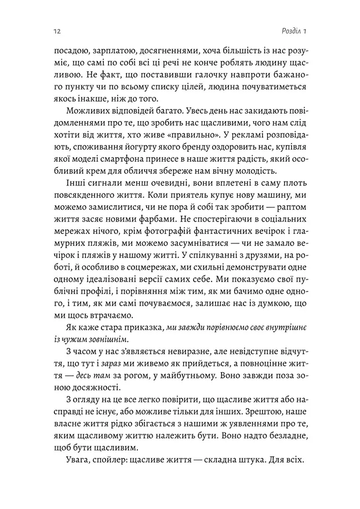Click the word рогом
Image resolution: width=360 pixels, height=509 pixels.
click(130, 378)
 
